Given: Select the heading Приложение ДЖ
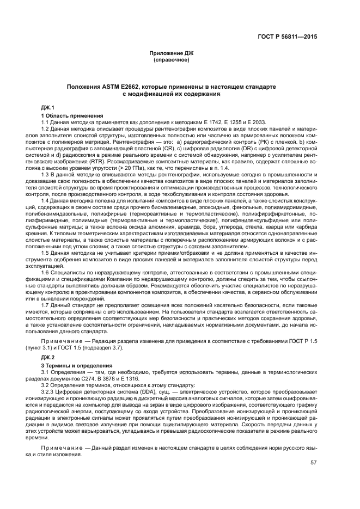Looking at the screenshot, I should (172, 53).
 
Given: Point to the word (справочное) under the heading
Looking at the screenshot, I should (172, 59).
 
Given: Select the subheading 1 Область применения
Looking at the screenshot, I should (72, 116).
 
